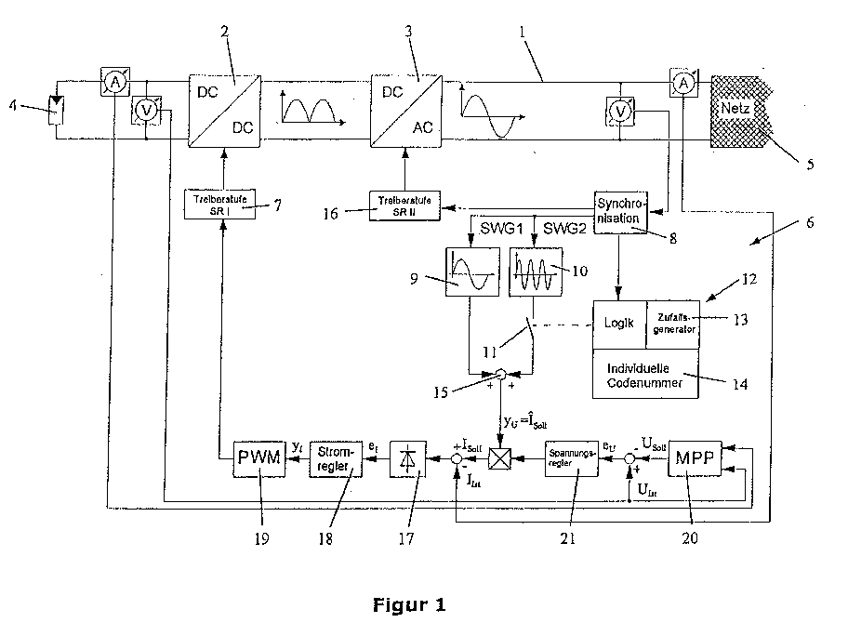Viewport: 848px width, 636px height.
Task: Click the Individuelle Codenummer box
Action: (x=646, y=376)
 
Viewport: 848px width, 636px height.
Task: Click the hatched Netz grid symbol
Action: (x=741, y=112)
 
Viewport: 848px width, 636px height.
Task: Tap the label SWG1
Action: (x=494, y=228)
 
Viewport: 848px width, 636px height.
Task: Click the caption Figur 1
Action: (x=408, y=606)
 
